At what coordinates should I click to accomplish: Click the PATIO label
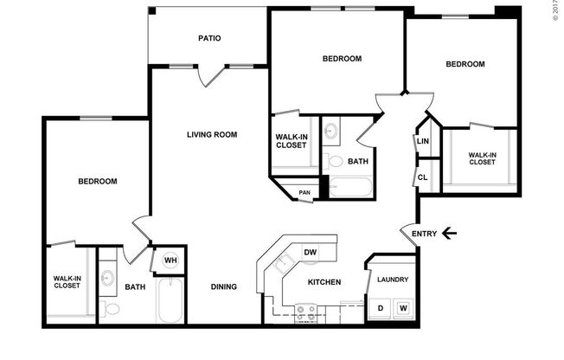[209, 38]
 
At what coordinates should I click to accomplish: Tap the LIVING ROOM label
[212, 134]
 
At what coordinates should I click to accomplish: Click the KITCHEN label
[324, 282]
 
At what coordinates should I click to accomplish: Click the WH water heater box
[170, 260]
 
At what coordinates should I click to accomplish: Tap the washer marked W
[403, 308]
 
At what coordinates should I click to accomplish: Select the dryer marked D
[380, 308]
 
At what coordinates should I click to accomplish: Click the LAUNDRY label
[391, 280]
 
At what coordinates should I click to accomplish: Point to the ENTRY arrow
[448, 232]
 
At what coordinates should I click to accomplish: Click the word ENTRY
[425, 233]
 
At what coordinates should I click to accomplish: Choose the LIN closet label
[423, 142]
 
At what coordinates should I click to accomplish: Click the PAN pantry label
[304, 192]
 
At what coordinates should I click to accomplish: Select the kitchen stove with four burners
[305, 312]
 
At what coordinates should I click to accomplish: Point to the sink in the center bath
[333, 132]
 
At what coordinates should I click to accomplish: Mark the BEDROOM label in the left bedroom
[97, 182]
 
